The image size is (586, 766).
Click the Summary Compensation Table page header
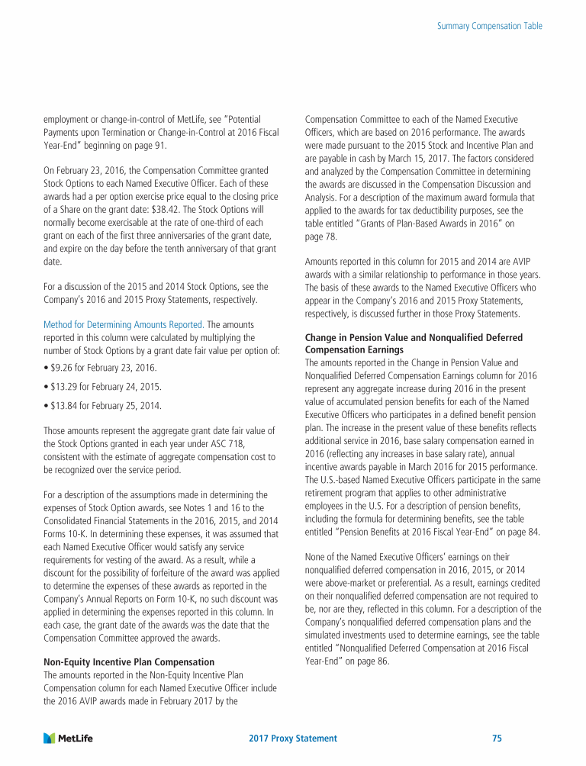490,26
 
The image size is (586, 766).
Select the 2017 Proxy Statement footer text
293,739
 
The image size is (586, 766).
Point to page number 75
497,739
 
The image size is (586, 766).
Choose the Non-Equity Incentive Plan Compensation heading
129,661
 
